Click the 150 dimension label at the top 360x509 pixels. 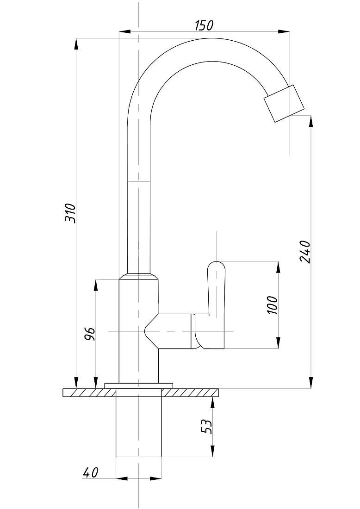coord(204,25)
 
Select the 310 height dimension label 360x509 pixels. coord(70,213)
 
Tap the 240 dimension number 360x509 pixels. coord(305,252)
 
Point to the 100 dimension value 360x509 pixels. coord(273,305)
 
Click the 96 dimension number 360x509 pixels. coord(90,334)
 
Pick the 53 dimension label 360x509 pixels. coord(206,427)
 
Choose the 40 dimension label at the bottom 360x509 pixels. coord(91,472)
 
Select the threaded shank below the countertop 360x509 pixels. coord(139,422)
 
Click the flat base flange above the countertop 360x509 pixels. coord(139,385)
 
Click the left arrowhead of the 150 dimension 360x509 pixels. coord(124,32)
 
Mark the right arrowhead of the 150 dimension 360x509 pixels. coord(284,32)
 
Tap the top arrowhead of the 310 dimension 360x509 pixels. coord(76,44)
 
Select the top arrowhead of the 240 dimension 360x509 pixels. coord(311,122)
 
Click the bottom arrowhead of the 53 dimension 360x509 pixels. coord(213,451)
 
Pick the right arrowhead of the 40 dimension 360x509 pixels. coord(156,478)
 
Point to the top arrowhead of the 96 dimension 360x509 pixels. coord(96,285)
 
